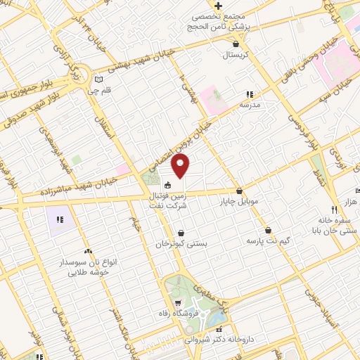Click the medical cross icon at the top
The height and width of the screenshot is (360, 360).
click(x=219, y=6)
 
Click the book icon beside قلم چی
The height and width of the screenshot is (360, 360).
click(x=99, y=79)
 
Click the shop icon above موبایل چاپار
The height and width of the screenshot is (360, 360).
click(x=240, y=190)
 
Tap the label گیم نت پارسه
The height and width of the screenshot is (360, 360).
click(x=267, y=240)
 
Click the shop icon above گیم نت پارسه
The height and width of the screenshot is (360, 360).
click(x=268, y=229)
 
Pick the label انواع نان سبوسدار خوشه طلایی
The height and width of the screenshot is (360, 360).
click(x=88, y=267)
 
